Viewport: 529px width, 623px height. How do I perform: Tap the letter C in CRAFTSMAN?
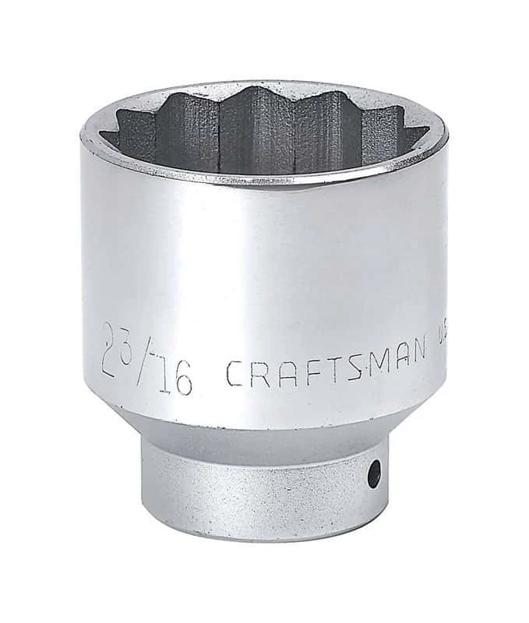point(235,375)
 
